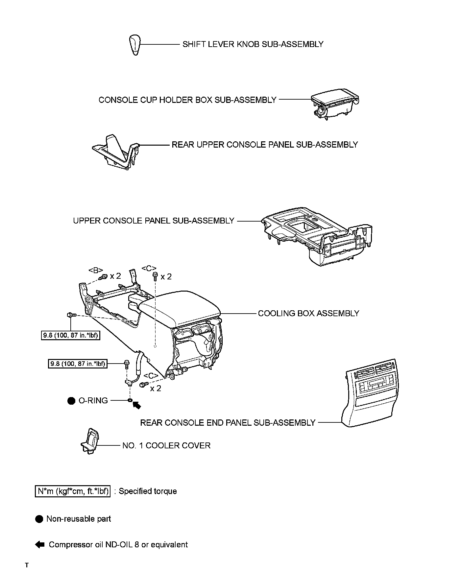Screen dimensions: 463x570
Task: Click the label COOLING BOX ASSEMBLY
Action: [308, 313]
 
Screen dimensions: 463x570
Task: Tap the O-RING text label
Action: [93, 400]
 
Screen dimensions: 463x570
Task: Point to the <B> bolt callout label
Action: [96, 270]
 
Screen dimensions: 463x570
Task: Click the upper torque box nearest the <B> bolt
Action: [70, 336]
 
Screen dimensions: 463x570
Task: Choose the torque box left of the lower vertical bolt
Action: [78, 364]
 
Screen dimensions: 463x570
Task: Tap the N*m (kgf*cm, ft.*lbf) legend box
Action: [72, 491]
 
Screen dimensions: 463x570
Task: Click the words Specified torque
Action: [148, 491]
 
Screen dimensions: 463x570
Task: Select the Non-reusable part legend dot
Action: [39, 519]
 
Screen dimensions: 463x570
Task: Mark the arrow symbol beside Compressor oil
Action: [39, 544]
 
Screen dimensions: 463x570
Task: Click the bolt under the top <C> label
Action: [155, 276]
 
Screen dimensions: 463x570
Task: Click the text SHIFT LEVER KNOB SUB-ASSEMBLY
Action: [253, 44]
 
